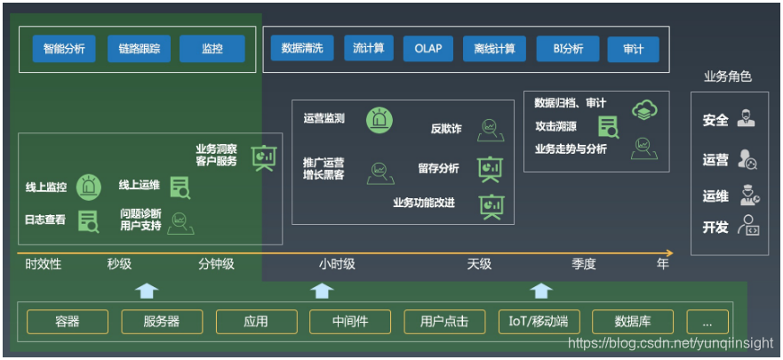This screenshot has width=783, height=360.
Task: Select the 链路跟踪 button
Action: click(x=139, y=50)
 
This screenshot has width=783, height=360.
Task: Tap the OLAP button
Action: click(x=434, y=49)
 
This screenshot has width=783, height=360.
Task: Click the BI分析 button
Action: click(x=567, y=49)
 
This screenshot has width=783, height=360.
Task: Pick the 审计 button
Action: click(x=633, y=49)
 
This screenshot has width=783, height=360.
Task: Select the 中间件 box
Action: click(x=350, y=322)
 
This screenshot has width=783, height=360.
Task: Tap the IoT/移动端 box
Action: click(x=539, y=322)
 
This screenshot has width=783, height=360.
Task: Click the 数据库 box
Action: click(x=633, y=322)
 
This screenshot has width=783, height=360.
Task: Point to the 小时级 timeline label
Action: click(x=337, y=264)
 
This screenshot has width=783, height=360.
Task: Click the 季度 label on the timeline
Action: click(x=583, y=264)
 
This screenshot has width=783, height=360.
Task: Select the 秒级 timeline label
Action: click(x=119, y=264)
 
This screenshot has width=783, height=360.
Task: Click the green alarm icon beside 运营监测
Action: click(x=380, y=118)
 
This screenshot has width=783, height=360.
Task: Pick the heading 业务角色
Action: click(x=727, y=76)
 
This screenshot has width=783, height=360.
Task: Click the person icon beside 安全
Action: click(x=747, y=119)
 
